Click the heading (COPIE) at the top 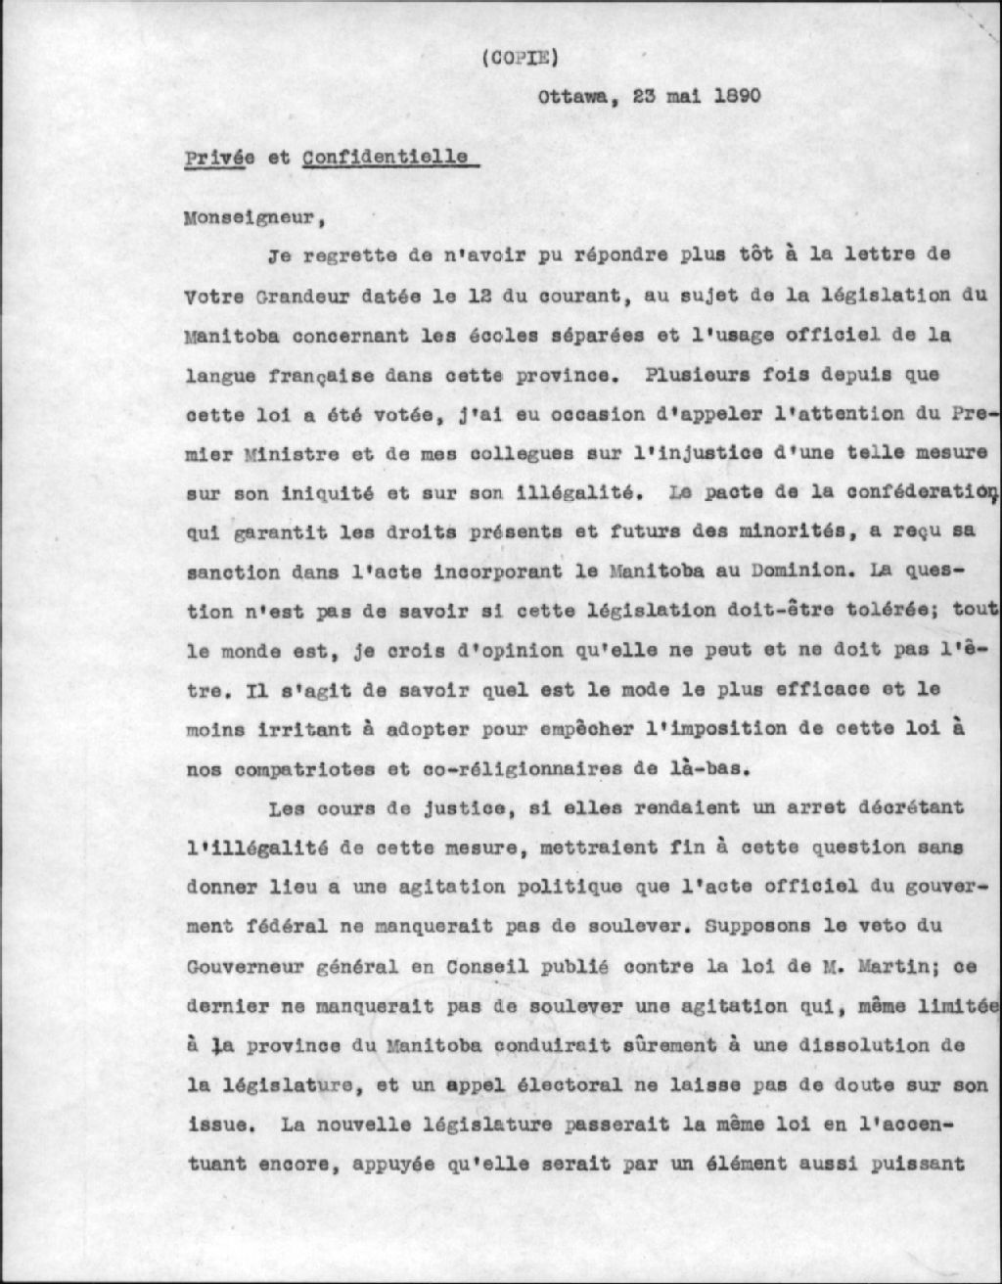tap(519, 57)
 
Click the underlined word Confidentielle tap(385, 158)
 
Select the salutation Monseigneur tap(251, 217)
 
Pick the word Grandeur tap(275, 296)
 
